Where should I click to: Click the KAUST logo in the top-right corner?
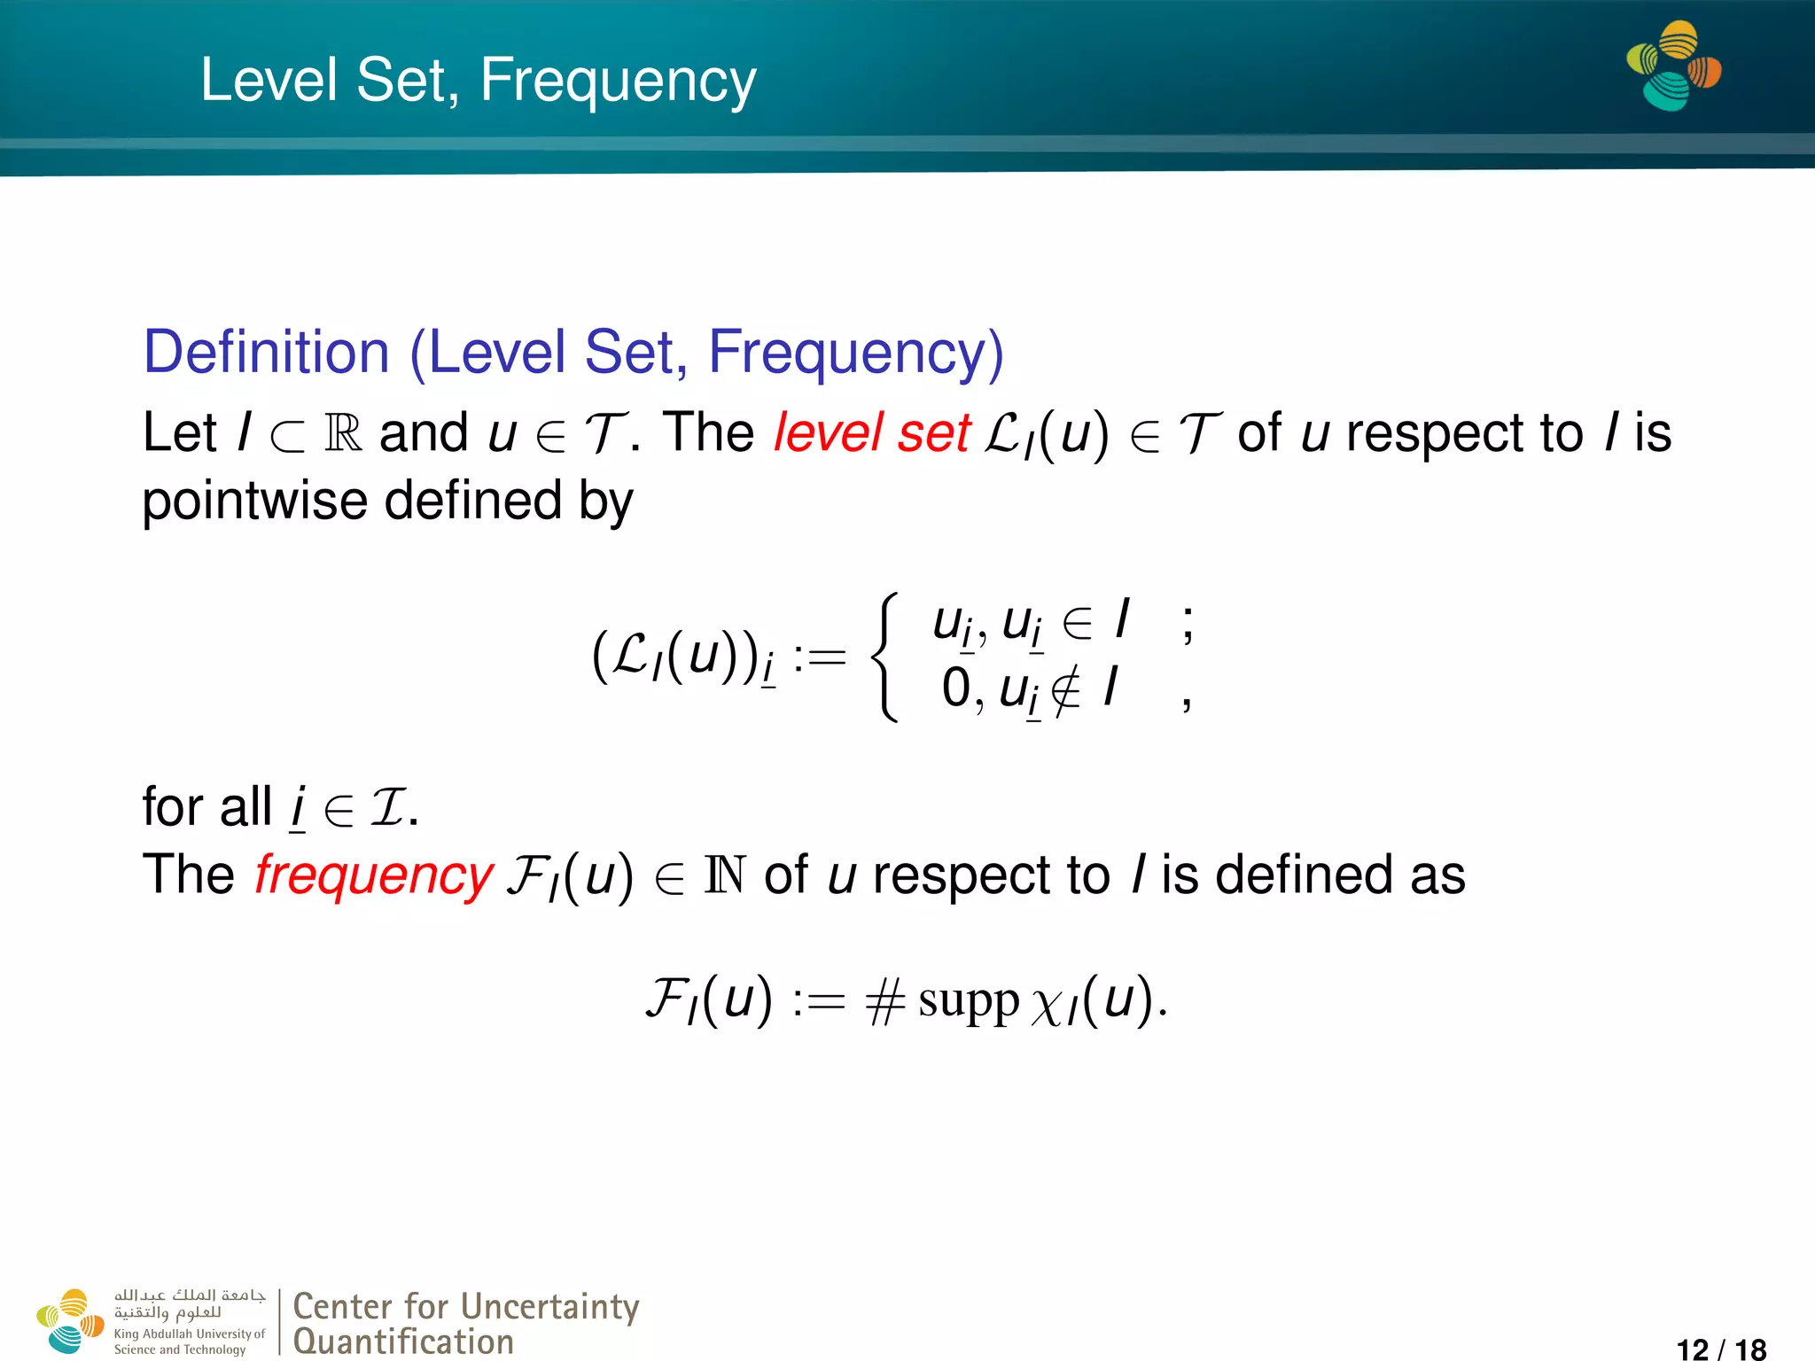pyautogui.click(x=1673, y=66)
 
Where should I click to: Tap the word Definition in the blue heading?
pyautogui.click(x=266, y=353)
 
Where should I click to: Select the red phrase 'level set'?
pyautogui.click(x=871, y=433)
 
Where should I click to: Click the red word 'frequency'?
pyautogui.click(x=373, y=875)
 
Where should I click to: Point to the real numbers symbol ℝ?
pyautogui.click(x=344, y=433)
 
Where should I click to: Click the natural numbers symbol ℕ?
pyautogui.click(x=724, y=875)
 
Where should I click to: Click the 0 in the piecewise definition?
pyautogui.click(x=956, y=688)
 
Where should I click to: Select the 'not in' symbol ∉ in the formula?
pyautogui.click(x=1065, y=690)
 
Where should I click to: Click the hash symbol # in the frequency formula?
pyautogui.click(x=885, y=1003)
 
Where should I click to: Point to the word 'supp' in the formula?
pyautogui.click(x=968, y=1003)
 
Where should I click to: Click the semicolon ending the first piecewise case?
pyautogui.click(x=1188, y=623)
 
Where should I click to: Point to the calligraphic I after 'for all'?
pyautogui.click(x=386, y=808)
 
